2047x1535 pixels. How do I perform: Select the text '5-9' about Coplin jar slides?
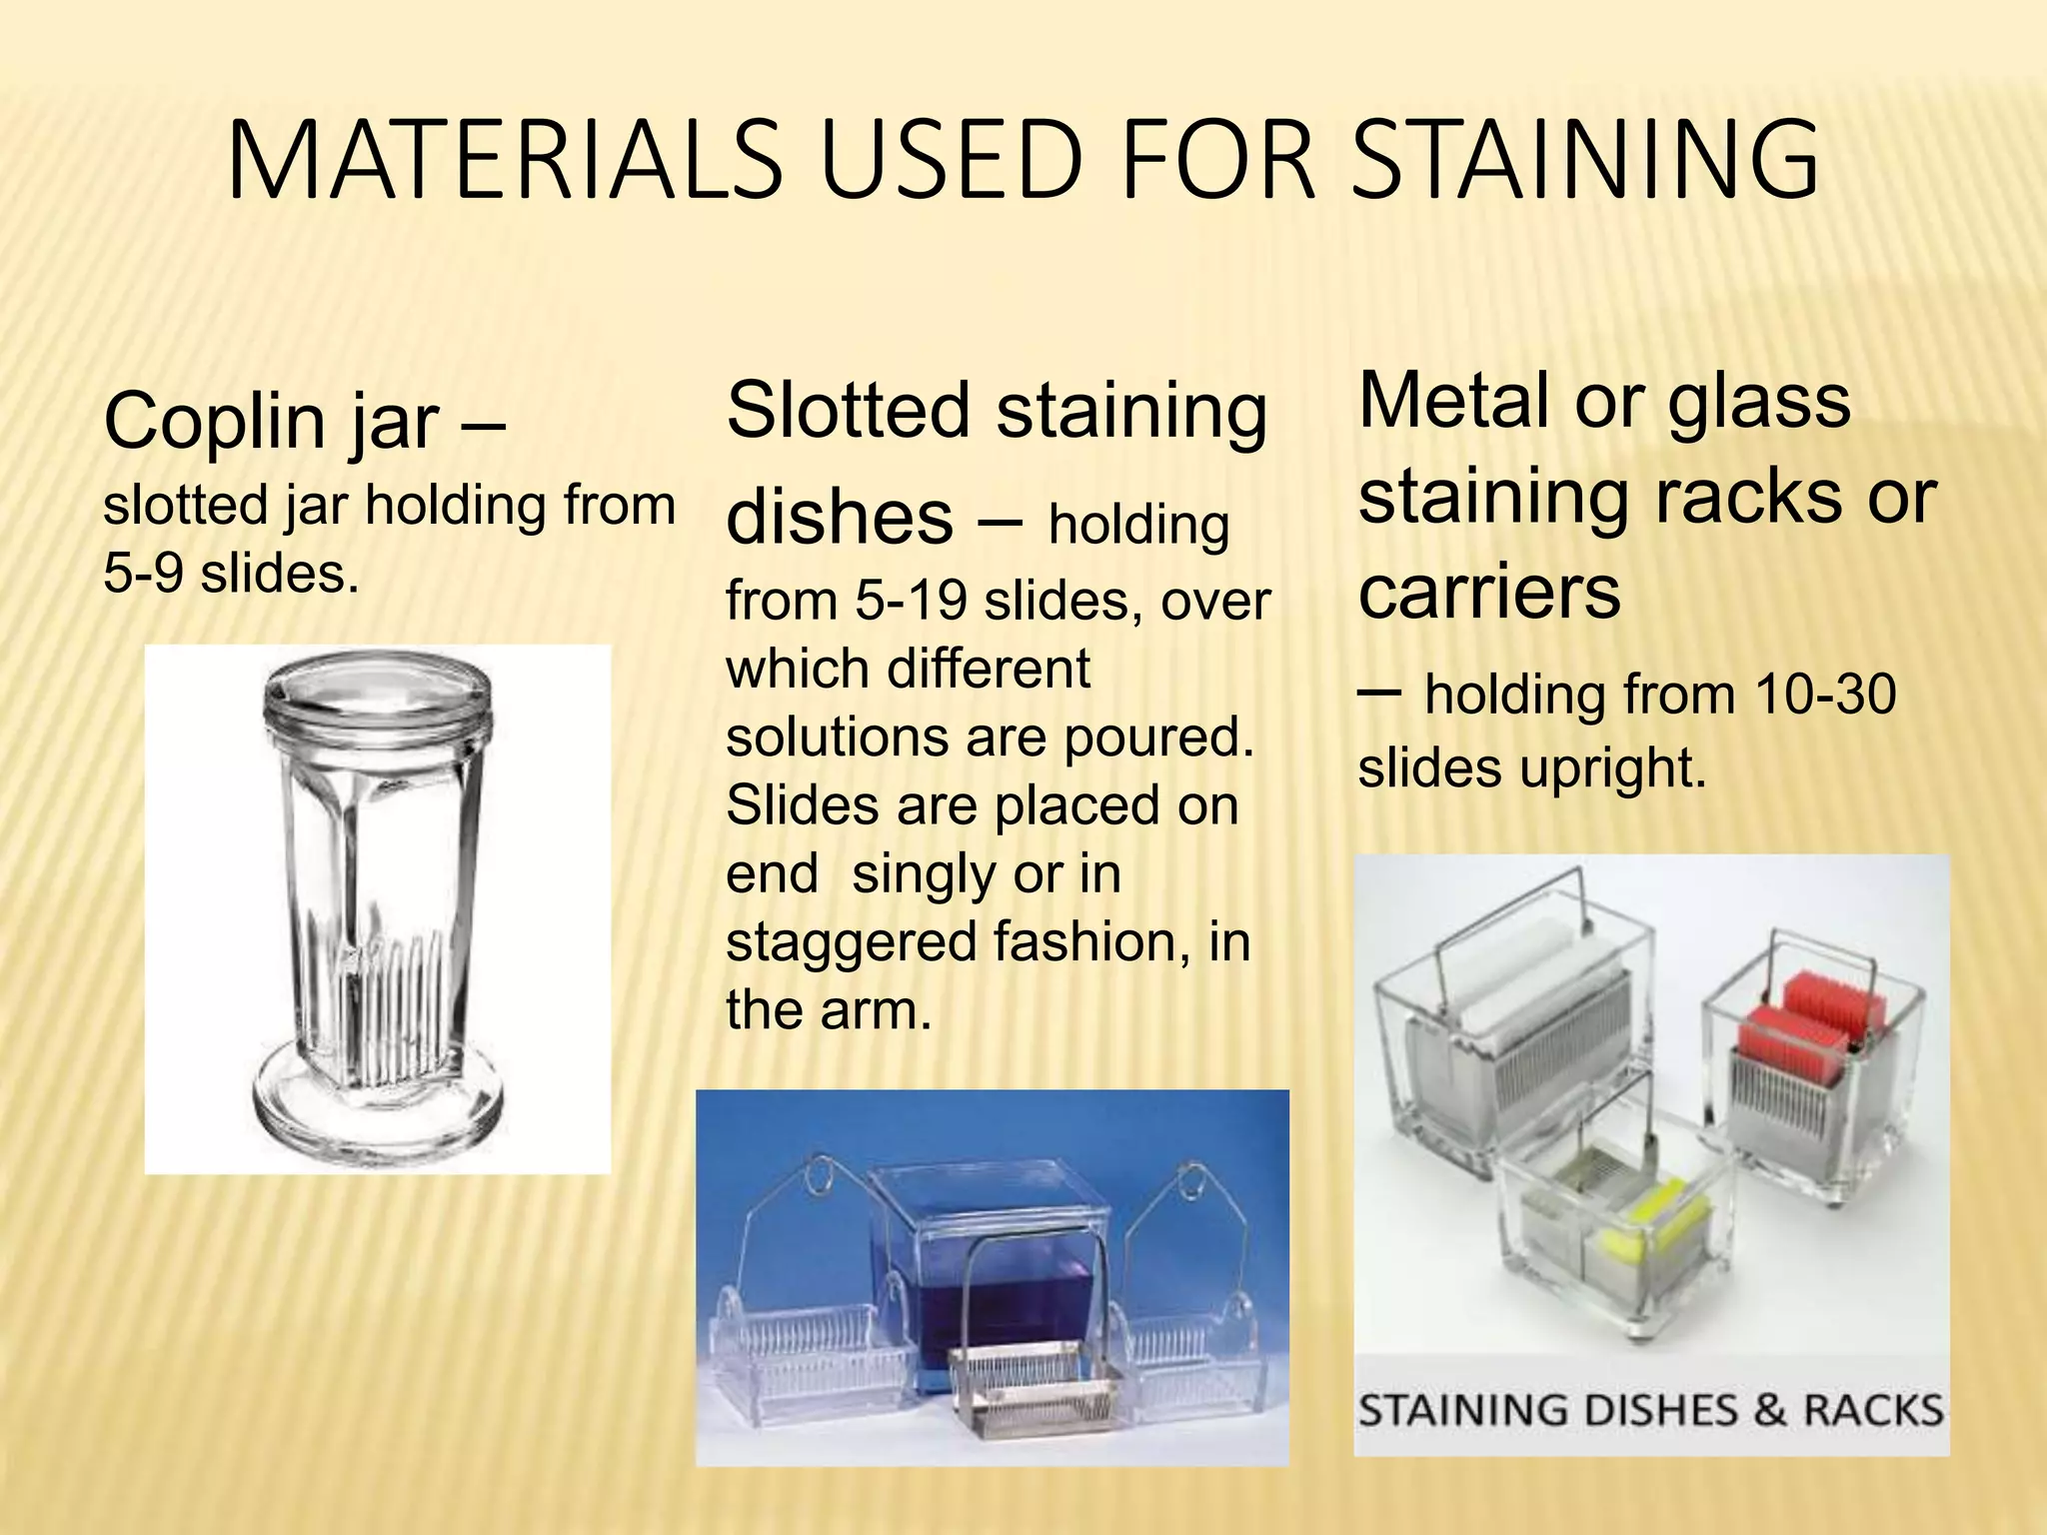(x=143, y=574)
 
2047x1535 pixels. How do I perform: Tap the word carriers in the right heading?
(x=1489, y=592)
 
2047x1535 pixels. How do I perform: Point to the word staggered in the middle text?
(x=851, y=942)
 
